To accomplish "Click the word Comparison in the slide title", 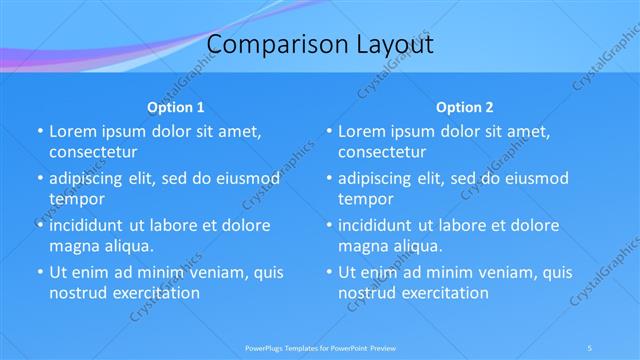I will coord(265,45).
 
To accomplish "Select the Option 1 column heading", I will coord(176,107).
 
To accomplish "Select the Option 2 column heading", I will coord(465,107).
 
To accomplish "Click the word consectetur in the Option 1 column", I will coord(93,152).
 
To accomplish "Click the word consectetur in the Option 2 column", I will coord(382,152).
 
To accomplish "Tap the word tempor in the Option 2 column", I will coord(365,199).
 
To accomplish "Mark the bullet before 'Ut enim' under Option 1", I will coord(39,272).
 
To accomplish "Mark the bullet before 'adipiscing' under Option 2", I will coord(328,178).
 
